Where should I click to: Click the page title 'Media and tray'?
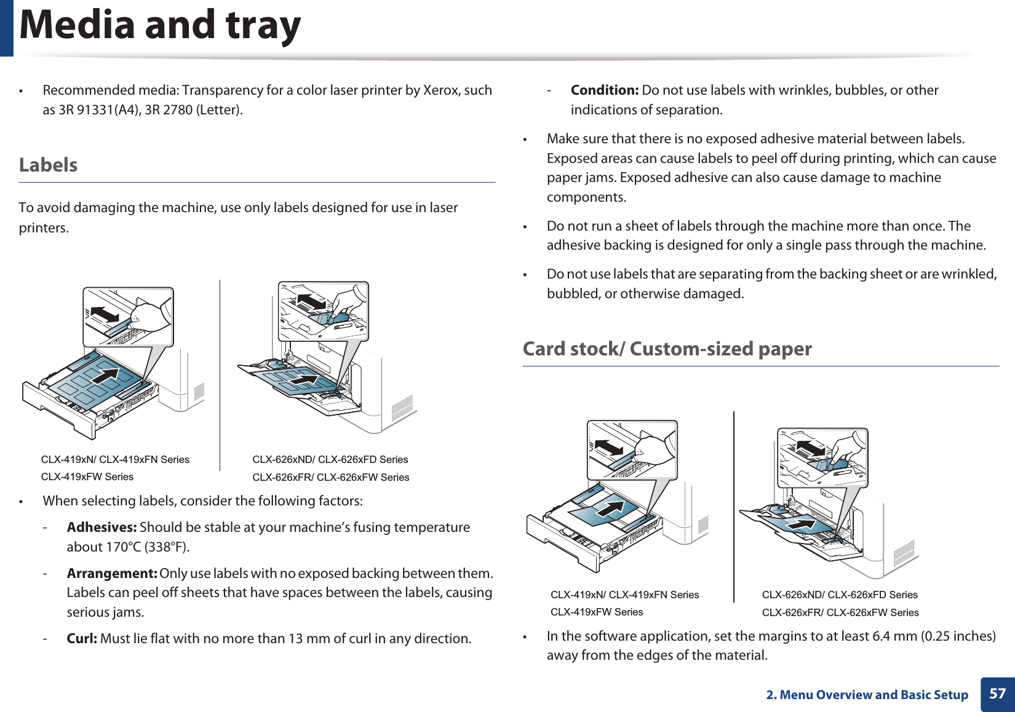coord(160,26)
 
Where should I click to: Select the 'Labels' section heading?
coord(48,165)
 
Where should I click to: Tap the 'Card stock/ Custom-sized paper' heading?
coord(667,349)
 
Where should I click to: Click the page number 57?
coord(997,694)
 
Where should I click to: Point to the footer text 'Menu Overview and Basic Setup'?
coord(874,695)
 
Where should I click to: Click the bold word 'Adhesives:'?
coord(101,528)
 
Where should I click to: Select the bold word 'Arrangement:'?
coord(112,574)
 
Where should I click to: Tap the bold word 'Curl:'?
coord(82,639)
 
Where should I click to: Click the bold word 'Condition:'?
coord(604,90)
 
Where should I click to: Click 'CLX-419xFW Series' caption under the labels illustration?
coord(87,477)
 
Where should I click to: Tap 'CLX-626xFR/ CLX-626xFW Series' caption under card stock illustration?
coord(840,612)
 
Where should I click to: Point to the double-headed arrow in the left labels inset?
coord(104,314)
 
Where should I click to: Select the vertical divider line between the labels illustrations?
coord(220,375)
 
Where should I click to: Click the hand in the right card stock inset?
coord(850,446)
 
